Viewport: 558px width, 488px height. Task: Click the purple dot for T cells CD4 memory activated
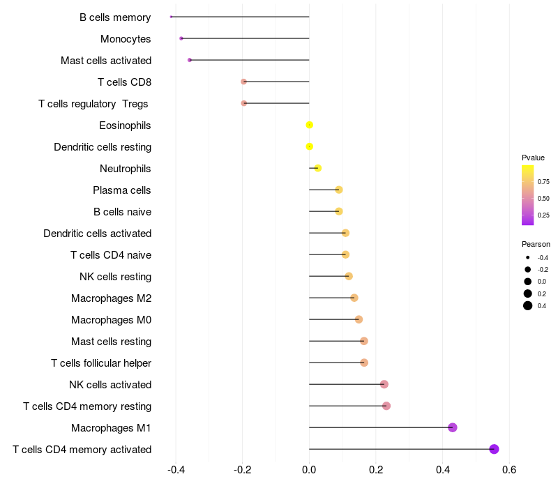click(494, 449)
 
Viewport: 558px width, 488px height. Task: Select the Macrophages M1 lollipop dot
click(452, 427)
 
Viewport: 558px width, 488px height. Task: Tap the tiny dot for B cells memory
click(171, 17)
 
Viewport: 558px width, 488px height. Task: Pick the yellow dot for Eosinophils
click(309, 125)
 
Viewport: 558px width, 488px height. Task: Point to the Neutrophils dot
click(318, 168)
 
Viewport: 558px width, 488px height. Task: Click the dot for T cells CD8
click(243, 82)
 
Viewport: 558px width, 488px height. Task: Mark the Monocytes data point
click(181, 38)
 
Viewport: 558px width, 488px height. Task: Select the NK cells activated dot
click(384, 384)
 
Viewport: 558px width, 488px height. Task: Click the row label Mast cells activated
click(106, 61)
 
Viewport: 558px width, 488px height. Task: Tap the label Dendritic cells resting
click(103, 147)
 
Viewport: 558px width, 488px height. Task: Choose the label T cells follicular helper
click(101, 363)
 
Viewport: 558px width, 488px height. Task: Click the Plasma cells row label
click(121, 190)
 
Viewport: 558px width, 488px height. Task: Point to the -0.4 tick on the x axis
click(176, 470)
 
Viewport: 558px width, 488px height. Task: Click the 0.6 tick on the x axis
click(509, 470)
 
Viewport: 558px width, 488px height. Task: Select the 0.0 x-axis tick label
click(309, 470)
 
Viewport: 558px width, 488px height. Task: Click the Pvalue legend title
click(533, 158)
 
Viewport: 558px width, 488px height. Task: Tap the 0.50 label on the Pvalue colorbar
click(543, 198)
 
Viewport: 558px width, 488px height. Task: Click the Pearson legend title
click(536, 244)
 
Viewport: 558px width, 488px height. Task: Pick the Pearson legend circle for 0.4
click(528, 305)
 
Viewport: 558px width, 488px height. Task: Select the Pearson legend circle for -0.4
click(528, 257)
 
